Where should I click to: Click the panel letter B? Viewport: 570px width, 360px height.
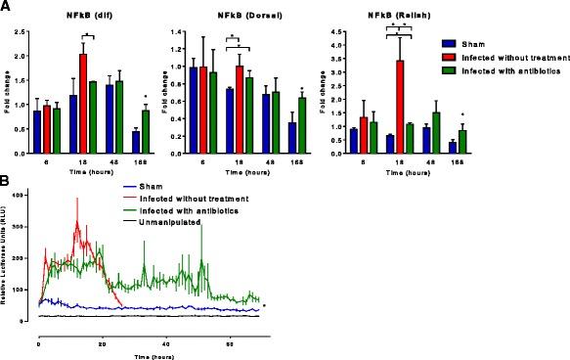click(x=6, y=181)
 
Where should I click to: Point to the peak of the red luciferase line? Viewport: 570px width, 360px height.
click(x=76, y=200)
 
